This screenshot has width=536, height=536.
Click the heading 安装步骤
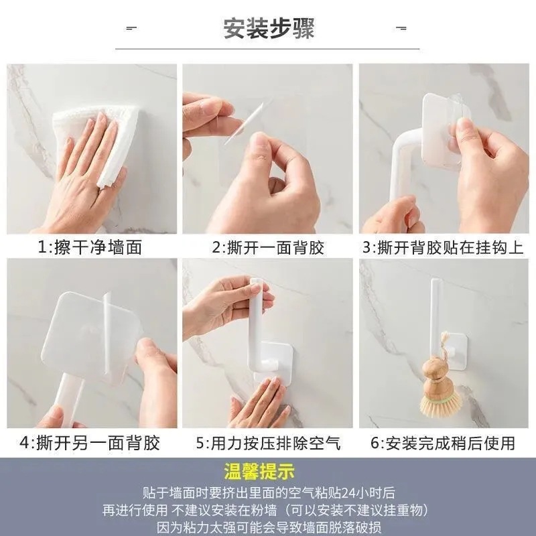tap(269, 28)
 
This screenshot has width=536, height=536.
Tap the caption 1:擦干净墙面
tap(90, 247)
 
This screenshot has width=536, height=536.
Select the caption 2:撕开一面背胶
tap(267, 247)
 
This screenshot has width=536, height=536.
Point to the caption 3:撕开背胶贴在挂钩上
tap(443, 247)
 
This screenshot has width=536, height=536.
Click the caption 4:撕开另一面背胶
tap(90, 443)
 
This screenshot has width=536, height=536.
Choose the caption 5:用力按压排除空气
tap(269, 443)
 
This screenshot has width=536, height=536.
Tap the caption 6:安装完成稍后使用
tap(443, 443)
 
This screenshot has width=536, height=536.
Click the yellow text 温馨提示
tap(259, 472)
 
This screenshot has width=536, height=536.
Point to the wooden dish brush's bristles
tap(441, 403)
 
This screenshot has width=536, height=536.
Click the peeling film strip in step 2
tap(243, 123)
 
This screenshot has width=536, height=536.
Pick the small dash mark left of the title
tap(131, 28)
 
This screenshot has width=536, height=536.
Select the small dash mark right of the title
tap(401, 28)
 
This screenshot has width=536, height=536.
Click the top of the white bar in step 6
tap(435, 281)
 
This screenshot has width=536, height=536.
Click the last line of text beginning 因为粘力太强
tap(269, 527)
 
